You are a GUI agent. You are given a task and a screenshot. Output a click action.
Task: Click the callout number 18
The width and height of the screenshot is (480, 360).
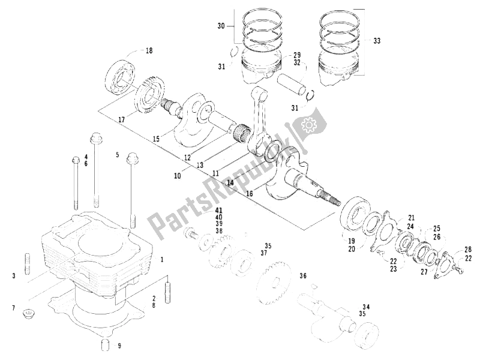point(149,52)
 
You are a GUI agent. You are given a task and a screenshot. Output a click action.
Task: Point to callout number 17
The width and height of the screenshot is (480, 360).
point(121,120)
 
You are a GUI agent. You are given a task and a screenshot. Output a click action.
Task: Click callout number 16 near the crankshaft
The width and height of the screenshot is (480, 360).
point(249,193)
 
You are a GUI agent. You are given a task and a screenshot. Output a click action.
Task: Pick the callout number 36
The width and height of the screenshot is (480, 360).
point(303,276)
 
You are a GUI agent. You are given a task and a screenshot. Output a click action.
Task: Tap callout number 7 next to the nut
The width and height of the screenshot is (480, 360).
point(13,308)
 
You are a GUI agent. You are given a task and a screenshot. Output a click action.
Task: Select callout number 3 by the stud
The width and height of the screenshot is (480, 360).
point(13,275)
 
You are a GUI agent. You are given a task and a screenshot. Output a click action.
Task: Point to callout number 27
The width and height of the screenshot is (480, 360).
point(424,271)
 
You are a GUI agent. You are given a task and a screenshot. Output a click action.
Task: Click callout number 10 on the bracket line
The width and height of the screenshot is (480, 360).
point(178,176)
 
